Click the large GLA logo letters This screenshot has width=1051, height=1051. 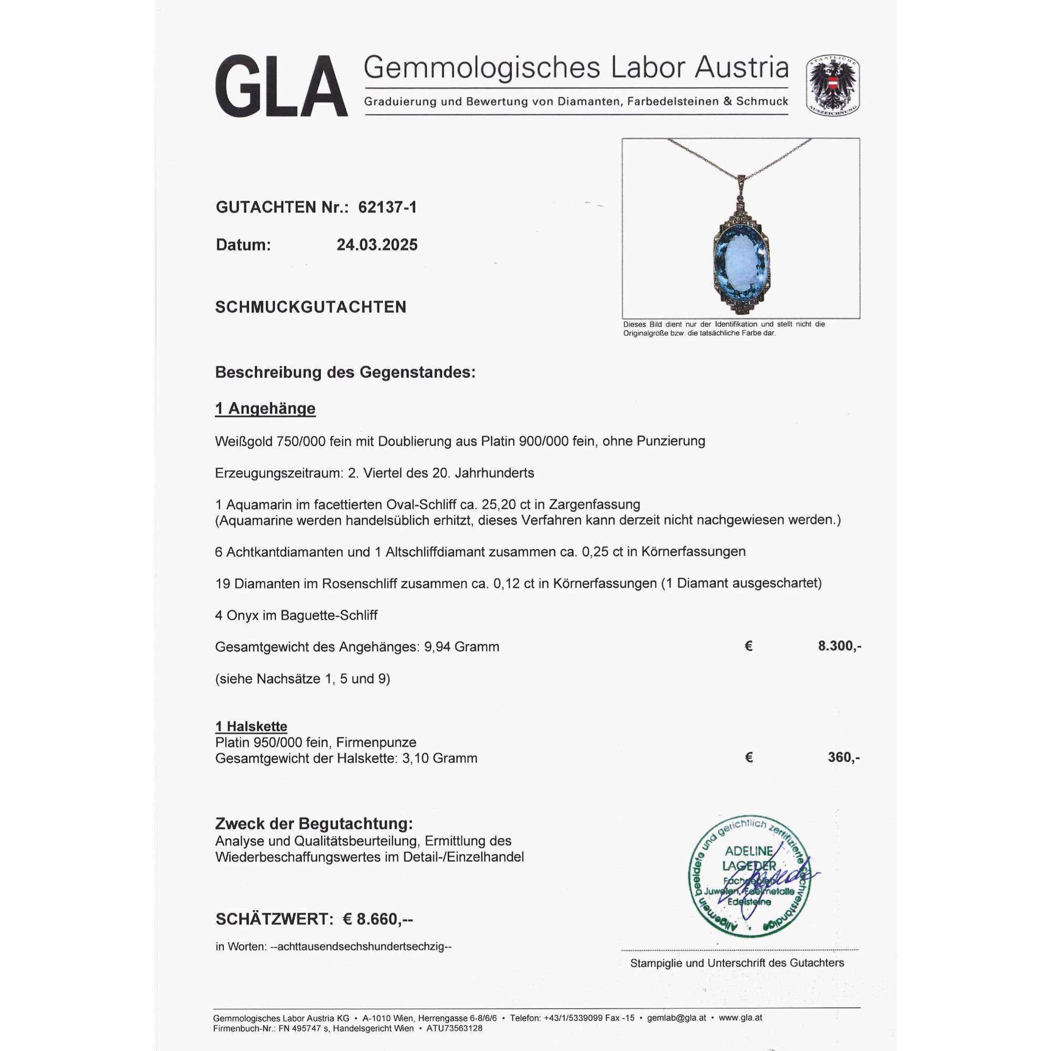(281, 86)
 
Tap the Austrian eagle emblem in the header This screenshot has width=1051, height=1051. (832, 85)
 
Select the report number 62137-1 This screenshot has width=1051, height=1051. (387, 207)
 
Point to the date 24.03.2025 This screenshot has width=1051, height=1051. (377, 245)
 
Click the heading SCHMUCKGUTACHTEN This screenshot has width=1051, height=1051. (311, 307)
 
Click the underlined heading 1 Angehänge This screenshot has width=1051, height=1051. (265, 408)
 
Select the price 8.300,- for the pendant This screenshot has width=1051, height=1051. (839, 646)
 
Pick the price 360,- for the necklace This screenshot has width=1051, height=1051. (843, 757)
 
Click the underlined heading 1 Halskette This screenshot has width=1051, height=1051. (251, 726)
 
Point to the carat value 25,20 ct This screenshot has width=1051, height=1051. (506, 504)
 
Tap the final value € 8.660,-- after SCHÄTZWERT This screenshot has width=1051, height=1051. (377, 919)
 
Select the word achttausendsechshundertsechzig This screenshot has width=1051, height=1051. (365, 946)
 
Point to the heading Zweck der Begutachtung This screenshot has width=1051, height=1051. (314, 824)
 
